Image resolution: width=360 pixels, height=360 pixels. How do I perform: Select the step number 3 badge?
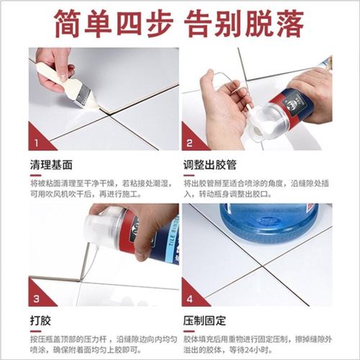click(36, 297)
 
